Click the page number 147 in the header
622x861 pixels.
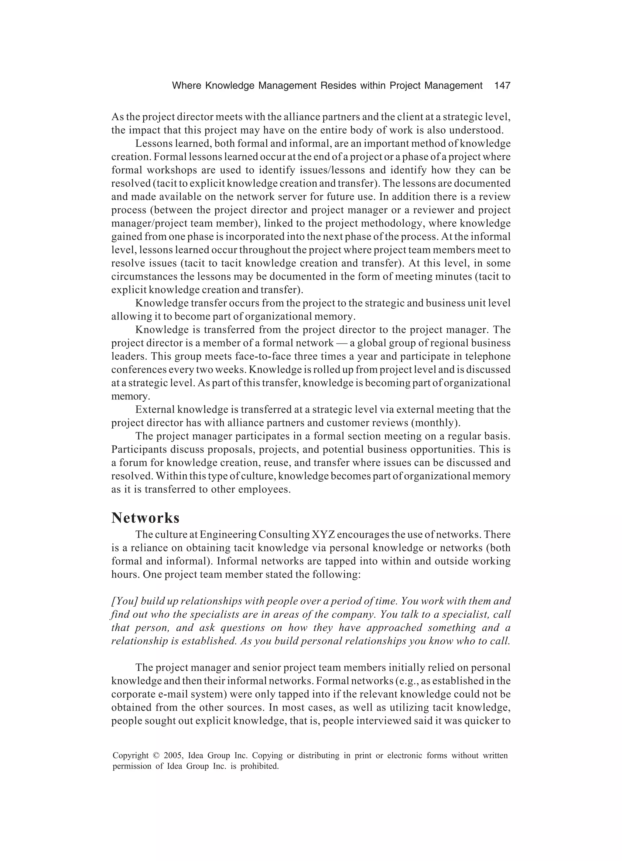[502, 86]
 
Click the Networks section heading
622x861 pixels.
[145, 518]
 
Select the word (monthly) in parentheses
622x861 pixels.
[436, 423]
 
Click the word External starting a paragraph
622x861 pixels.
[155, 410]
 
